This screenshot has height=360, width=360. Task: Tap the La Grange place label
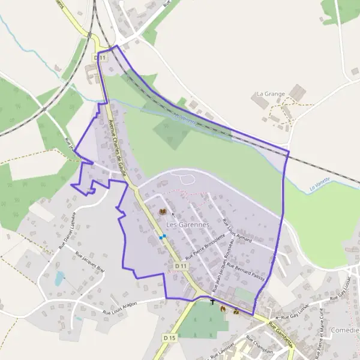click(x=269, y=94)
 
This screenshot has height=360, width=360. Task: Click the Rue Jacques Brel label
click(x=89, y=262)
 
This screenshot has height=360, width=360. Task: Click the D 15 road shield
click(x=170, y=338)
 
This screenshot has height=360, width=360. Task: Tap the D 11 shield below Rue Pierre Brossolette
click(x=182, y=265)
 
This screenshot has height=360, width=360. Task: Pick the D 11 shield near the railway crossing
click(x=100, y=57)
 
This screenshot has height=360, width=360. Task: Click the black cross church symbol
click(x=212, y=302)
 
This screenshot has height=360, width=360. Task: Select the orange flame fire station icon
click(x=223, y=308)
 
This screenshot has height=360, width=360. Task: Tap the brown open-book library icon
click(x=162, y=211)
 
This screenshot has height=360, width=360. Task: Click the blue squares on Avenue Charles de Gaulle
click(x=162, y=237)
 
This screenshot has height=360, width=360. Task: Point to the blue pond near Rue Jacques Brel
click(x=59, y=278)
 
